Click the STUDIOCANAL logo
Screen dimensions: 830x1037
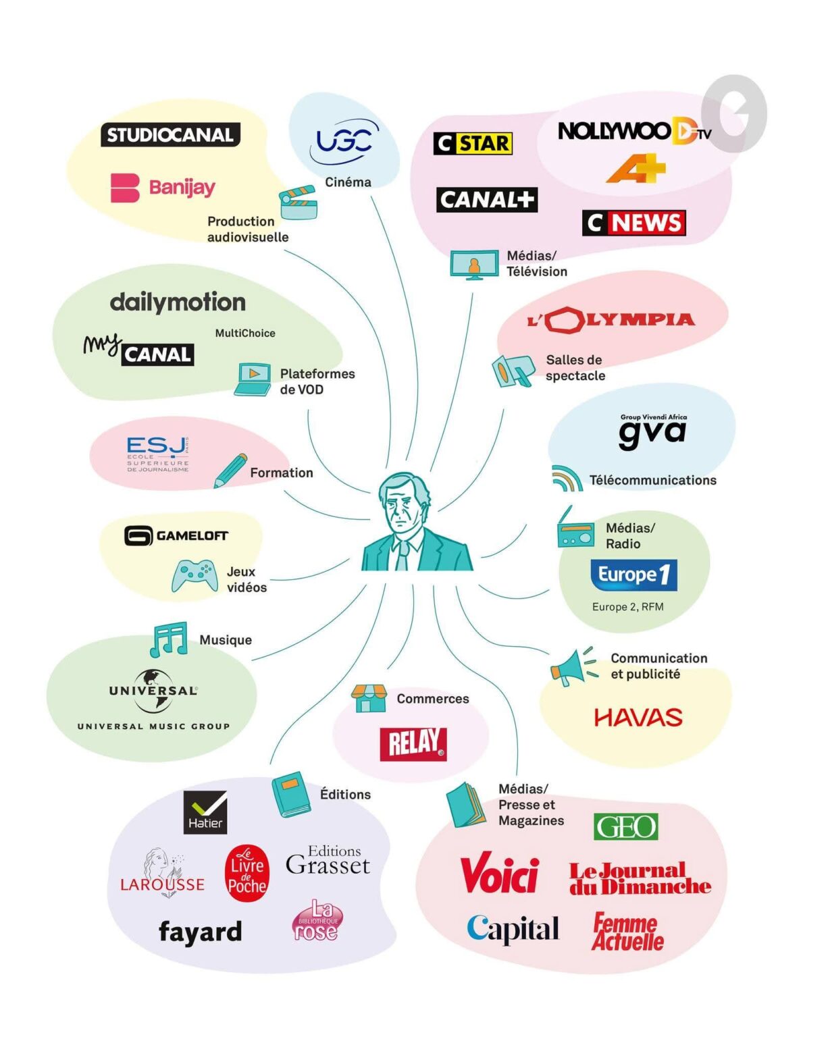pos(170,134)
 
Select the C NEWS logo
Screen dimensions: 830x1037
pos(634,223)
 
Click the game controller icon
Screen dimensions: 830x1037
pos(194,575)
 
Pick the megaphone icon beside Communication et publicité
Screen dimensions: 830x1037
pos(574,666)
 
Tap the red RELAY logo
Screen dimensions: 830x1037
pos(413,744)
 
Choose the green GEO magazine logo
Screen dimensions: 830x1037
pos(625,827)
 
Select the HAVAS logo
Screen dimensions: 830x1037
pos(638,718)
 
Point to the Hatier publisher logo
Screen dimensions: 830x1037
pos(205,812)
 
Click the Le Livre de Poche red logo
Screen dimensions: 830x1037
pos(247,873)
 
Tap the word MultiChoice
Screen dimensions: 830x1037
pos(245,333)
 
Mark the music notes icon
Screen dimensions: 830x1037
pos(169,639)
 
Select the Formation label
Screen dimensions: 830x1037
pos(282,473)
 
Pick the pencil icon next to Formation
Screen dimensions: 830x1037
pos(230,471)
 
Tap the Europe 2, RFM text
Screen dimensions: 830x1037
pos(627,607)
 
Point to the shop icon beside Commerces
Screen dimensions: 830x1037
pos(369,698)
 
